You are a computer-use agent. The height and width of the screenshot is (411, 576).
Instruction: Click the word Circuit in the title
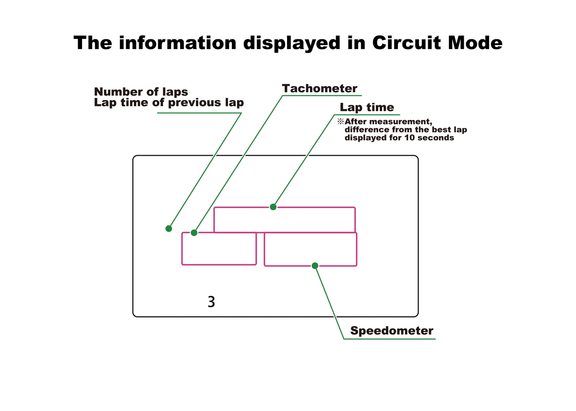tap(406, 43)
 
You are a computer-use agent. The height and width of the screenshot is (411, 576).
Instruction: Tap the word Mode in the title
tap(475, 43)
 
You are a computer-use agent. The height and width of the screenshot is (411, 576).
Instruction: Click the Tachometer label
tap(320, 88)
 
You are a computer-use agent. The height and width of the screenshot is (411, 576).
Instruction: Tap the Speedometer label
tap(392, 331)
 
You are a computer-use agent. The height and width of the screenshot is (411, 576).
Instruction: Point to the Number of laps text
tap(141, 91)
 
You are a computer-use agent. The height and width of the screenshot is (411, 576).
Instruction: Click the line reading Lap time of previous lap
tap(168, 102)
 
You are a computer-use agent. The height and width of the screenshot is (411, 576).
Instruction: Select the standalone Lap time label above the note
tap(367, 107)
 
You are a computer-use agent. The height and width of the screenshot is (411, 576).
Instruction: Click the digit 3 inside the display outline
tap(211, 302)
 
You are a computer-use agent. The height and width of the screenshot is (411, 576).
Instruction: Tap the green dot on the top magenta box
tap(273, 207)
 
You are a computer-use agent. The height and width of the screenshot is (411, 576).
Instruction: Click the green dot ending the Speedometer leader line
tap(315, 265)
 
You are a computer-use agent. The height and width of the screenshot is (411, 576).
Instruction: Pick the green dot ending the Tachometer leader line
tap(194, 233)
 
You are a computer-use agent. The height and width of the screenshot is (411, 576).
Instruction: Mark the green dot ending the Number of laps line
tap(168, 228)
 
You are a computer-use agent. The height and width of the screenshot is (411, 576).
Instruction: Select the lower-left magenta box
tap(218, 249)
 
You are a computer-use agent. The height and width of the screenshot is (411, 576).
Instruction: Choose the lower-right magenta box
tap(310, 249)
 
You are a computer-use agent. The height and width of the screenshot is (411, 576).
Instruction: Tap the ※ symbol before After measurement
tap(341, 122)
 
